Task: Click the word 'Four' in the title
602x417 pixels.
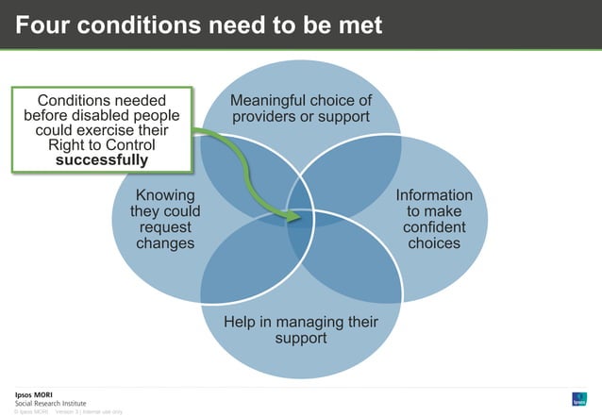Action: point(42,25)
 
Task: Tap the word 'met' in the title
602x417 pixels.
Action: point(360,25)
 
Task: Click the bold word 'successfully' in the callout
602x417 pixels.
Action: point(101,160)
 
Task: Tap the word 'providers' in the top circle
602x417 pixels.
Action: point(273,117)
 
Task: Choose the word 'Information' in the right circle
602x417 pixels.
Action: point(434,195)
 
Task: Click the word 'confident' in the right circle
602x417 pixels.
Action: point(434,227)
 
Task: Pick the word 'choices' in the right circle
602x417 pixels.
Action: point(434,243)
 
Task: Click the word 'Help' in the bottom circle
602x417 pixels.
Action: point(240,322)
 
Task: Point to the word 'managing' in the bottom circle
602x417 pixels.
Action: point(301,322)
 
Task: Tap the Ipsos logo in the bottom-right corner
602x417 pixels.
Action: point(579,398)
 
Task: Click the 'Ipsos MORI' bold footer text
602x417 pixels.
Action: point(34,393)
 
